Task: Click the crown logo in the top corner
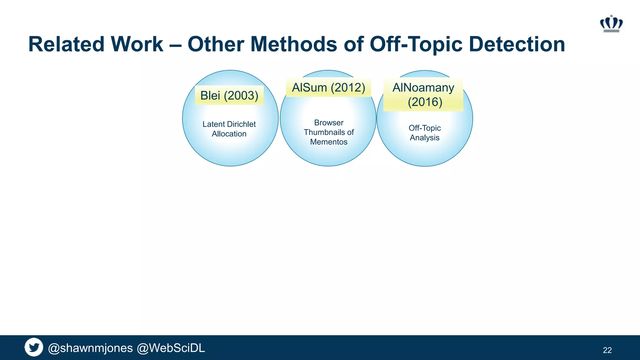[611, 24]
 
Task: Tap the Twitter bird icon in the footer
[34, 347]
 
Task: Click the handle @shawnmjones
[90, 348]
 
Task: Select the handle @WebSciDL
[171, 348]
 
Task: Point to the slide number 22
[607, 350]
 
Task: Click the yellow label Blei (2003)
[229, 95]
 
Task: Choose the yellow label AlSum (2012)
[328, 87]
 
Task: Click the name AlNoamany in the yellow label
[423, 87]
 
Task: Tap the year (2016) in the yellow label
[425, 102]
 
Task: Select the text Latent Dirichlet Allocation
[229, 129]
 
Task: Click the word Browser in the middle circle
[328, 122]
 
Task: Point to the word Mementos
[328, 142]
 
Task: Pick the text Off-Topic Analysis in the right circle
[424, 133]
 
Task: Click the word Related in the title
[66, 44]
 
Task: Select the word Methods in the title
[294, 44]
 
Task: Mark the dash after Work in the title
[175, 45]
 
